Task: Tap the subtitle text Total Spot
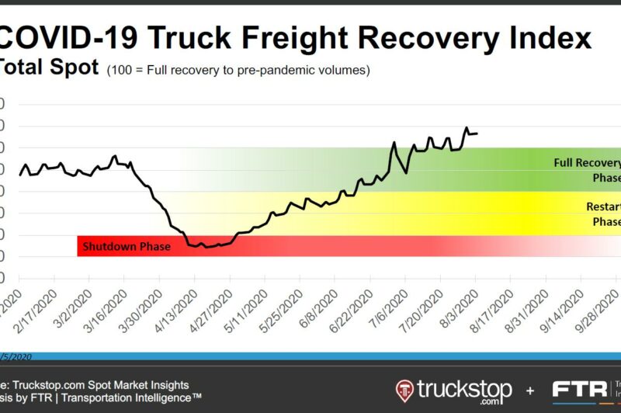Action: (48, 68)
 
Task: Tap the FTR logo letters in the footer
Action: (578, 389)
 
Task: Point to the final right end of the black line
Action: (477, 134)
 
